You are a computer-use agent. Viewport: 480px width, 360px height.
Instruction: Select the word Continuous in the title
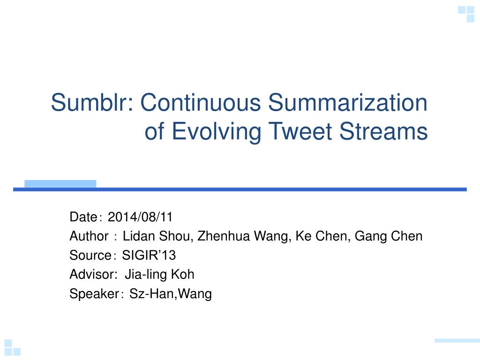(200, 102)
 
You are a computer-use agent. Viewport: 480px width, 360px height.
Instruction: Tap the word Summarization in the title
(348, 102)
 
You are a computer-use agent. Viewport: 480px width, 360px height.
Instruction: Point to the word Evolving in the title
(216, 132)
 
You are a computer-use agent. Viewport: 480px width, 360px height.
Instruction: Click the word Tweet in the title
(300, 131)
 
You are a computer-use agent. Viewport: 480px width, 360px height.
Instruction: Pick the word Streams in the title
(383, 131)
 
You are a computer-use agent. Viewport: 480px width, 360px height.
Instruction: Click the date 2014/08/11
(140, 217)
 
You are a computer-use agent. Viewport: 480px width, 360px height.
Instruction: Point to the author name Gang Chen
(389, 236)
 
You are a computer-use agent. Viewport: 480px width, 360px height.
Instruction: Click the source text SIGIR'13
(149, 255)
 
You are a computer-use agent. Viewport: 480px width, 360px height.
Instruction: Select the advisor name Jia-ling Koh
(159, 275)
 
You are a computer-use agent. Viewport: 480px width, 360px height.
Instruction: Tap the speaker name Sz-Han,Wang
(171, 293)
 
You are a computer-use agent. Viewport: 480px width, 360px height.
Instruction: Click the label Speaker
(94, 294)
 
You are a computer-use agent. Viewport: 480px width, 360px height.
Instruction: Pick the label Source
(90, 255)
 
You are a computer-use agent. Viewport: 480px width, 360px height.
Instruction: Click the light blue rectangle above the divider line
(60, 184)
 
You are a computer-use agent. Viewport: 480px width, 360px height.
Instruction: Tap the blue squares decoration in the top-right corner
(466, 14)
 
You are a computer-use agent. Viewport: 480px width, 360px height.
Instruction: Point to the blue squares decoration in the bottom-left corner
(13, 347)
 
